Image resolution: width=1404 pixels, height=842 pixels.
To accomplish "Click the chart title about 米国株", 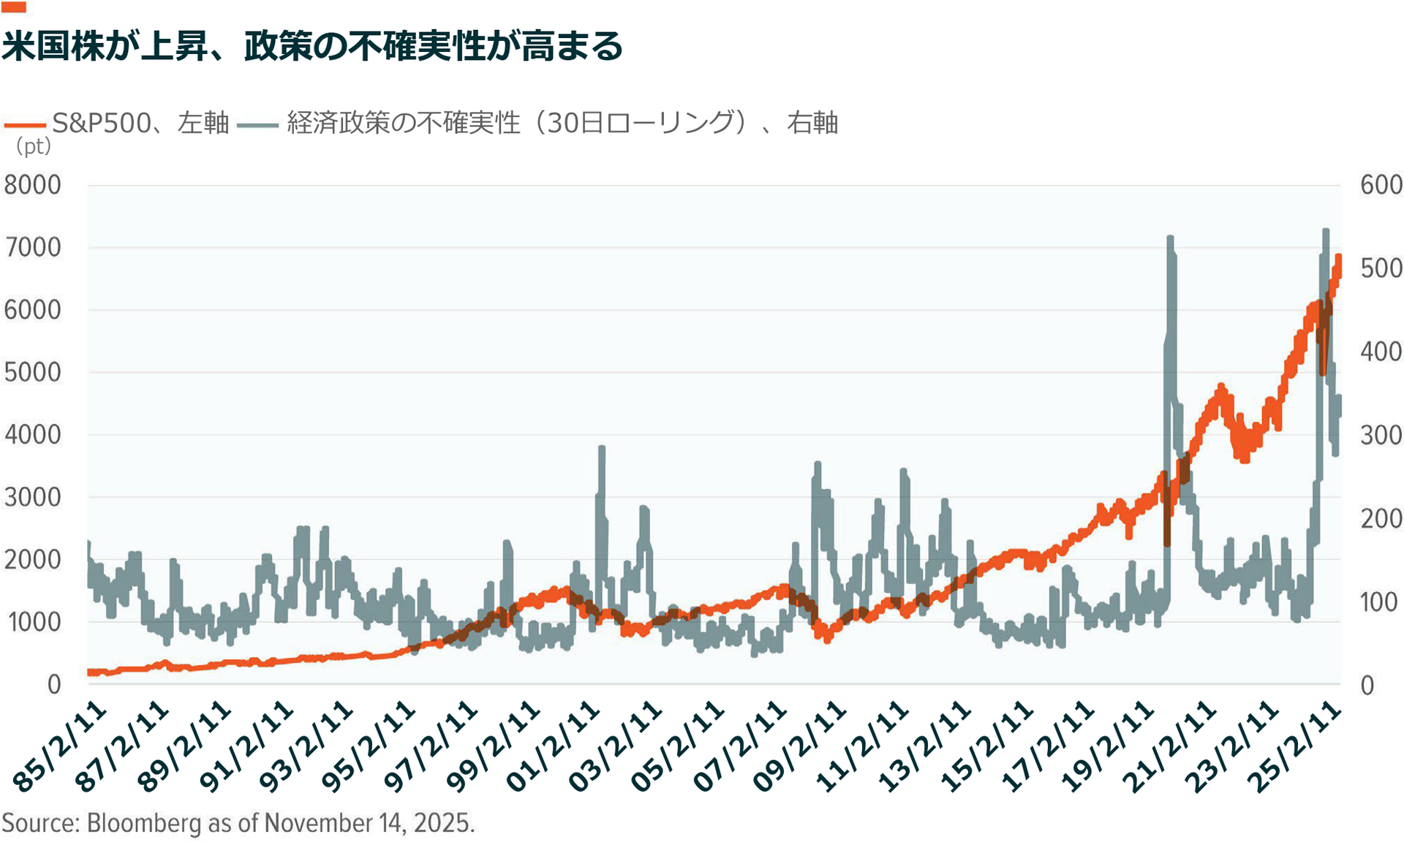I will point(312,46).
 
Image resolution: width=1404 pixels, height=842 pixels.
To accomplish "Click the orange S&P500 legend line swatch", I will point(25,125).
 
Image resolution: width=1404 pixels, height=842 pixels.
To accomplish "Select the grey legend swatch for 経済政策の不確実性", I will point(257,125).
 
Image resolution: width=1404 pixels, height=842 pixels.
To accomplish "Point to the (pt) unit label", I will point(33,146).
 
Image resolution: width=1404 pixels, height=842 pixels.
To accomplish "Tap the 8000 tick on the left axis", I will point(33,185).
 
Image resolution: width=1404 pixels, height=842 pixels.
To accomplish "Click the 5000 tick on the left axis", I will point(33,372).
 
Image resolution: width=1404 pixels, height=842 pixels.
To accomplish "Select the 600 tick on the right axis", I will point(1381,185).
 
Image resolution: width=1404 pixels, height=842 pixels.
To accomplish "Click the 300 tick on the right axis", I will point(1381,436).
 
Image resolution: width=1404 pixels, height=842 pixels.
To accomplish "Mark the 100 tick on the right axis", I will point(1379,602).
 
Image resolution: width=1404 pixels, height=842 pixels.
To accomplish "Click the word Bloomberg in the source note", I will point(144,823).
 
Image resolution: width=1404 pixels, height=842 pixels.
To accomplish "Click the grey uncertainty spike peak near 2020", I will point(1170,238).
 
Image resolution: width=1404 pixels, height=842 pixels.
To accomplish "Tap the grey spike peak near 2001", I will point(602,448).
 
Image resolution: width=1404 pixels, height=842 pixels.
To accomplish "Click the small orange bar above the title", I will point(14,7).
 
